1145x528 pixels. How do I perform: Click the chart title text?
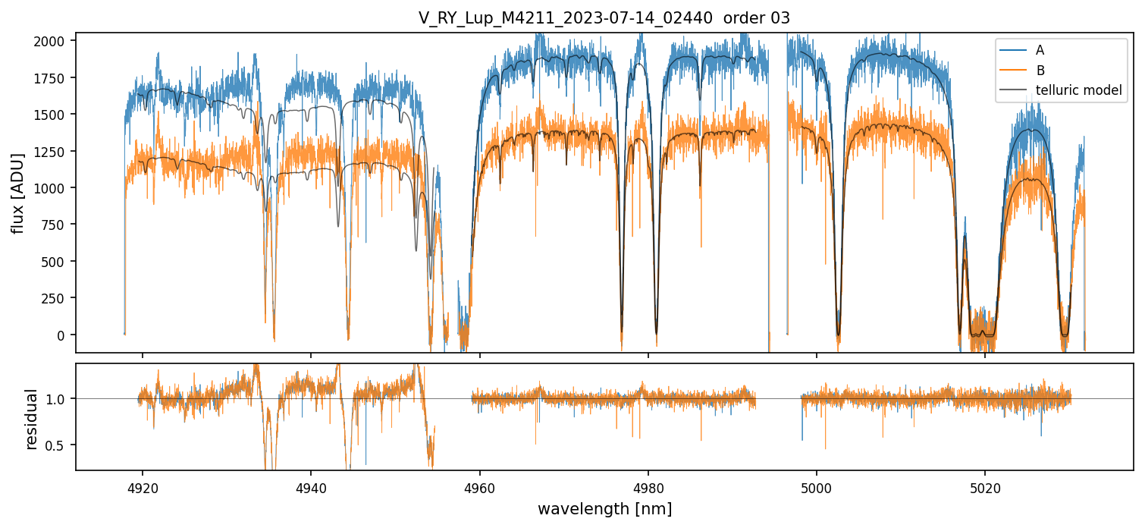pos(604,18)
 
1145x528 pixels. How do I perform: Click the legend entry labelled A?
pos(1040,50)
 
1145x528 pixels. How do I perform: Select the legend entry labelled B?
pos(1040,71)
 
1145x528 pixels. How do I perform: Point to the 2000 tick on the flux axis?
pos(53,40)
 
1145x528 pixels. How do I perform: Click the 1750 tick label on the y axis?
pos(53,77)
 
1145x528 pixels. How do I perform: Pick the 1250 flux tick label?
pos(53,151)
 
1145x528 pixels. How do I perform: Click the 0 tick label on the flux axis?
pos(64,335)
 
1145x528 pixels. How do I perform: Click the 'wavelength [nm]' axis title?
pos(604,508)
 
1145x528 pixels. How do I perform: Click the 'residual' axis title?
pos(32,419)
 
